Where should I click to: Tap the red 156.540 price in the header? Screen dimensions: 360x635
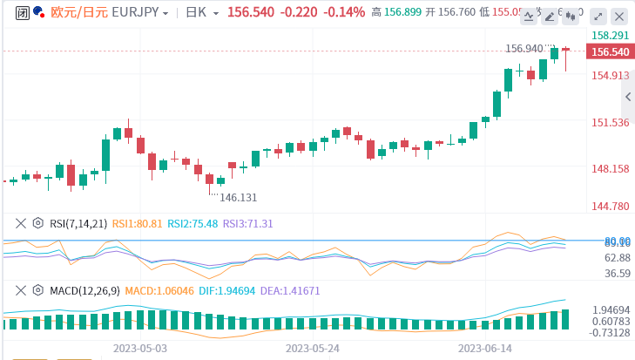coord(251,12)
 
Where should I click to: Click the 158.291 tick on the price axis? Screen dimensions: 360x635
coord(610,36)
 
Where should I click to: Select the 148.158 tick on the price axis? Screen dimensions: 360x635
coord(610,168)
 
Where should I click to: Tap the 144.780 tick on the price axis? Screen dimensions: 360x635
coord(610,207)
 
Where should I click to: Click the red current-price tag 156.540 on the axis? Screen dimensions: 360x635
coord(610,52)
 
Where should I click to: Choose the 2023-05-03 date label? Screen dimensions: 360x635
coord(139,347)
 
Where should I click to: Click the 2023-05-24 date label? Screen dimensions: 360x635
coord(313,347)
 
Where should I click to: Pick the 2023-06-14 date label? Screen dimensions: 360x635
coord(486,347)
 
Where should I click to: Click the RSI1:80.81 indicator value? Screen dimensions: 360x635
coord(138,223)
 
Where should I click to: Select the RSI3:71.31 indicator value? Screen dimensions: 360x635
coord(248,223)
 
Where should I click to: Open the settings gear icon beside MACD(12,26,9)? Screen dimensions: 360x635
coord(37,290)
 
